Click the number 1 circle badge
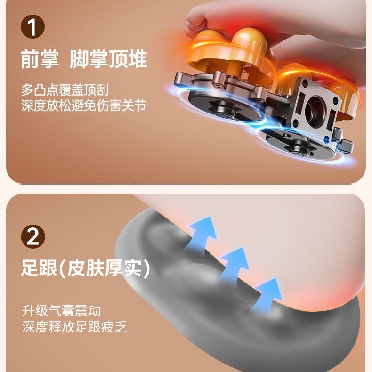click(33, 26)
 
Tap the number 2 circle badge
click(33, 236)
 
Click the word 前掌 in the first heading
click(40, 59)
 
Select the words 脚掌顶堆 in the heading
click(108, 59)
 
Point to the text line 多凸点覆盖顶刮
click(65, 90)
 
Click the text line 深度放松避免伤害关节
click(83, 105)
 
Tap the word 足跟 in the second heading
click(39, 268)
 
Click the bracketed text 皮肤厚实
click(105, 268)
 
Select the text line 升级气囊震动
click(61, 311)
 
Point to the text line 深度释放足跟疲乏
click(74, 327)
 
